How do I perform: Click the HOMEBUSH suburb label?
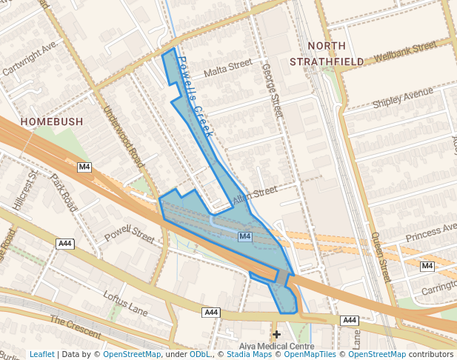51,121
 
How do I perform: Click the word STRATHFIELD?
327,61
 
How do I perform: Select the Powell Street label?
129,234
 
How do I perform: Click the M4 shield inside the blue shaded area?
245,236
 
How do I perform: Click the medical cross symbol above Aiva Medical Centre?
277,335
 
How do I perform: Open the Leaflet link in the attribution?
41,354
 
